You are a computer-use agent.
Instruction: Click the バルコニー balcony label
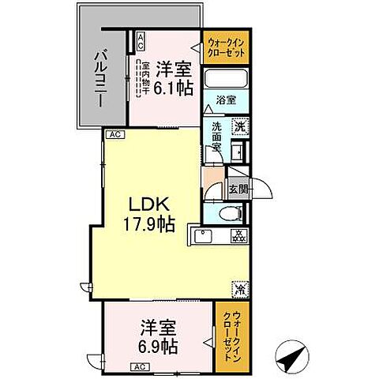tap(102, 71)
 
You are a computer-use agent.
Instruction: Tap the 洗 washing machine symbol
tap(238, 125)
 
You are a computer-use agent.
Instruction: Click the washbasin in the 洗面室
tap(237, 149)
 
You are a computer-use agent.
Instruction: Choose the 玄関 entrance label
tap(238, 189)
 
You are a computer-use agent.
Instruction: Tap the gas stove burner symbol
tap(238, 235)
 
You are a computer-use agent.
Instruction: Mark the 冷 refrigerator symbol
tap(238, 289)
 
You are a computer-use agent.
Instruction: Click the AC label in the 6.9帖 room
tap(138, 366)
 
